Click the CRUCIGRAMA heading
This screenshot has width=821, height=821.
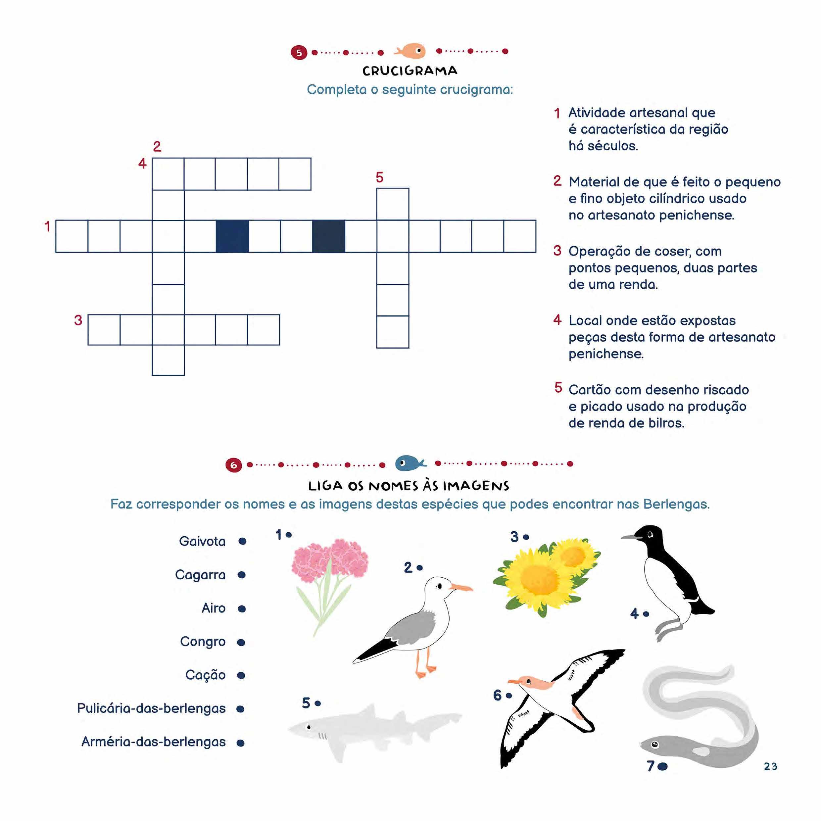(x=410, y=71)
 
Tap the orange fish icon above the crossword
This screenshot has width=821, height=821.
(x=410, y=51)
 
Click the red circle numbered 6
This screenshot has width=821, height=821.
(x=233, y=465)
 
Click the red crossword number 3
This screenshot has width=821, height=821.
(x=78, y=320)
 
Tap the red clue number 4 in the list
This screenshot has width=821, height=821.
(x=557, y=320)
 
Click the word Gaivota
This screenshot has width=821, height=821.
(x=202, y=541)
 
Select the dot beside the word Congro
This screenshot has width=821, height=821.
(x=241, y=642)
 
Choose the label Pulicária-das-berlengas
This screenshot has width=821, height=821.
(x=151, y=708)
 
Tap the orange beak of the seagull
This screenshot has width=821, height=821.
(x=461, y=588)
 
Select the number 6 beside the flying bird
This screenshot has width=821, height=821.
(x=497, y=695)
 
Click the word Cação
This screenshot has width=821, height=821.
(x=205, y=675)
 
